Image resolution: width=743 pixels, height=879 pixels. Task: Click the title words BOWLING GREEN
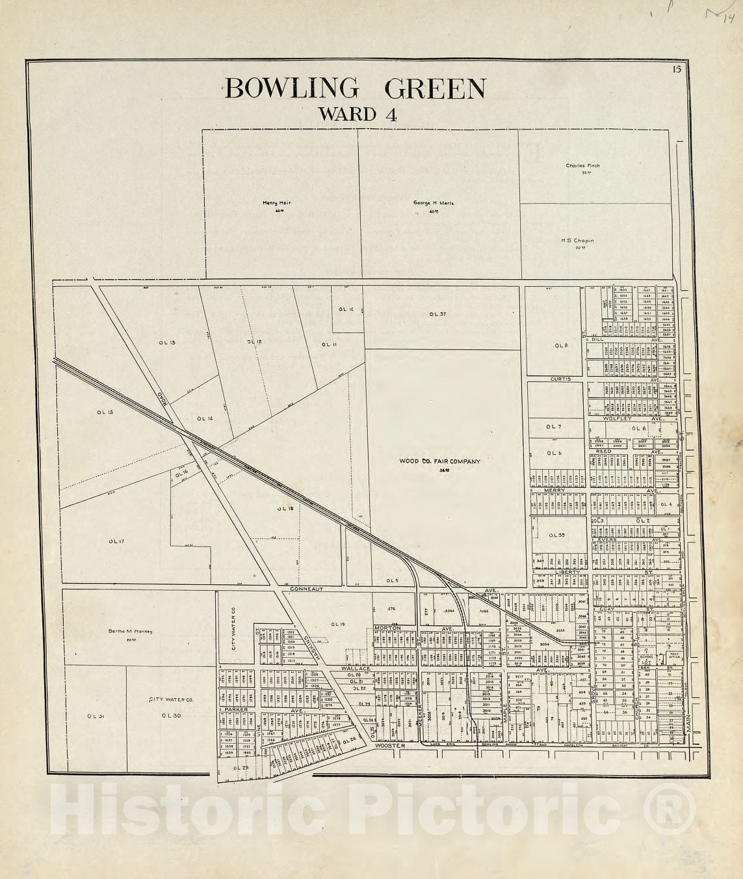[355, 88]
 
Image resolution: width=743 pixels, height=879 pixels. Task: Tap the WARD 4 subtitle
[357, 115]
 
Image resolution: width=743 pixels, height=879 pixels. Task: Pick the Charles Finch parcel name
[582, 166]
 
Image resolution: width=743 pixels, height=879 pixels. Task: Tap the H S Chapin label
[578, 240]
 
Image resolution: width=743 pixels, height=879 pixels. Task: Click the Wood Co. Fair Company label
[439, 461]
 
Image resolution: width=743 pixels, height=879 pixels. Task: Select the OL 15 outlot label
[105, 412]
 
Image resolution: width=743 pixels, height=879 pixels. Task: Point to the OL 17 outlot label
[116, 541]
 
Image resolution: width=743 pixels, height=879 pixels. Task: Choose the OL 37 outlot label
[437, 314]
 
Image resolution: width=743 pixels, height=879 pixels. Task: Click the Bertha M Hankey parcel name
[130, 631]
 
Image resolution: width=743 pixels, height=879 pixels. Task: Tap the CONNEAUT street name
[306, 589]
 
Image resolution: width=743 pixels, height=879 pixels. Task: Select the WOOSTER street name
[390, 746]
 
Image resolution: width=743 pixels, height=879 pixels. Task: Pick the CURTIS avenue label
[560, 379]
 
